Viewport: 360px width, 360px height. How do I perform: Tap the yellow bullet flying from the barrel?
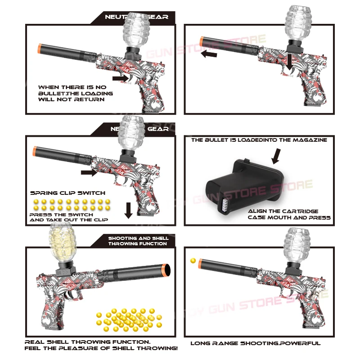pyautogui.click(x=193, y=261)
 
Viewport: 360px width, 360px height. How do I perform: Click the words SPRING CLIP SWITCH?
pyautogui.click(x=67, y=193)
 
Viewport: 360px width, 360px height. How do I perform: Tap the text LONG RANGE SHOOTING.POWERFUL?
pyautogui.click(x=255, y=343)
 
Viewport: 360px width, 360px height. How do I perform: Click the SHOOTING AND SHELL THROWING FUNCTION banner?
pyautogui.click(x=138, y=241)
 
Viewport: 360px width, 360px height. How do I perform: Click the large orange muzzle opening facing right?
pyautogui.click(x=166, y=270)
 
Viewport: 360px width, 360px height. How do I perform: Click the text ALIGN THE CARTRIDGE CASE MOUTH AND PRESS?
pyautogui.click(x=289, y=214)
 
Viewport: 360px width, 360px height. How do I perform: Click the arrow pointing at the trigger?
pyautogui.click(x=120, y=78)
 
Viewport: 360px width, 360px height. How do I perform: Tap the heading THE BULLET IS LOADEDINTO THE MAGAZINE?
pyautogui.click(x=259, y=140)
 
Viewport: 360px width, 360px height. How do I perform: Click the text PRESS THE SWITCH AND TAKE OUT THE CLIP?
pyautogui.click(x=67, y=217)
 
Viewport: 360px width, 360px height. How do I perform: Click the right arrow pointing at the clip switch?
pyautogui.click(x=89, y=172)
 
